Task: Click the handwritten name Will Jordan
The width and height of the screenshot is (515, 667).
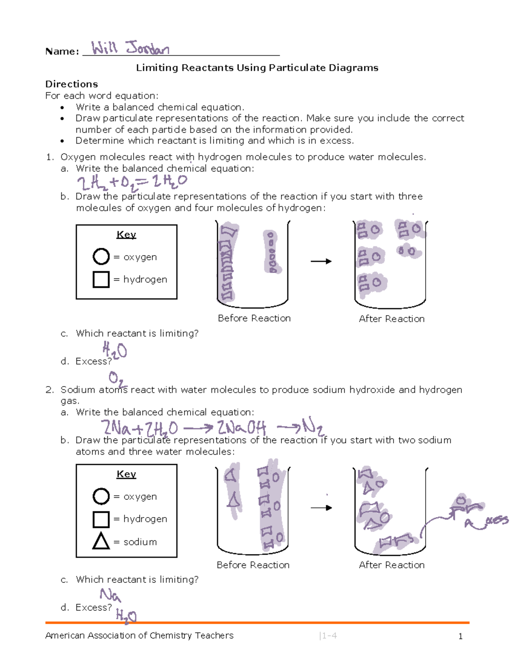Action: pos(130,48)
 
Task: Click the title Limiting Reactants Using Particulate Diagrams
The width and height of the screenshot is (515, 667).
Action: pos(257,68)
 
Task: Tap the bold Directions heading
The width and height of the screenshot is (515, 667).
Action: pos(72,84)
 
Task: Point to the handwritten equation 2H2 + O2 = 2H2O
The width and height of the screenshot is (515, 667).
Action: pos(132,183)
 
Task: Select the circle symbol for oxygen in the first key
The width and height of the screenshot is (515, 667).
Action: pos(101,257)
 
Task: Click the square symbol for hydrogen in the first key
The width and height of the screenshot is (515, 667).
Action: pos(101,279)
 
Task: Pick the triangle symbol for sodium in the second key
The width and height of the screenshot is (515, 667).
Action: pos(101,541)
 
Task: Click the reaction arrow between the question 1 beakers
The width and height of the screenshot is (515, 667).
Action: pos(321,261)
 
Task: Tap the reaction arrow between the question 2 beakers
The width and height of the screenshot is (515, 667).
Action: pos(321,508)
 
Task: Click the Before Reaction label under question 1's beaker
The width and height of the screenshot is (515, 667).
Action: pos(254,318)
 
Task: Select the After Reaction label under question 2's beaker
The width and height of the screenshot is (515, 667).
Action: pos(391,565)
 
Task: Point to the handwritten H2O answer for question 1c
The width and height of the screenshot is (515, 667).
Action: pos(115,350)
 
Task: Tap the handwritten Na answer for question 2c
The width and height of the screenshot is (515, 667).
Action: pos(110,595)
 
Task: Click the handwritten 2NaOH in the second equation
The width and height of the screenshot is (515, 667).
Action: pos(241,428)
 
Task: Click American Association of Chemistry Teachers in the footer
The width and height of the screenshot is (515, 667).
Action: pos(139,636)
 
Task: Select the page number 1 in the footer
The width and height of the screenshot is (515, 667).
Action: pos(460,637)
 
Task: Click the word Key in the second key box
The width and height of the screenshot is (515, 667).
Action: pos(126,474)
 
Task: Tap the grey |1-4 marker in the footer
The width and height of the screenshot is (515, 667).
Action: pos(328,636)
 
